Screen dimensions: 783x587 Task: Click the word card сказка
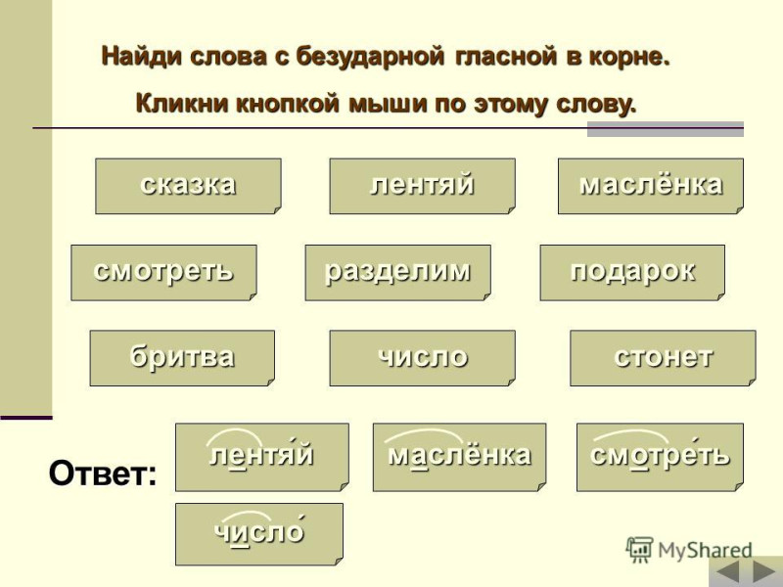tap(188, 186)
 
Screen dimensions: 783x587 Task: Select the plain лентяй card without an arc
tap(423, 186)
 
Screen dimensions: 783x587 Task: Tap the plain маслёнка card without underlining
tap(651, 186)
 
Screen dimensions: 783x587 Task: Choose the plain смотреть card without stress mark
tap(163, 273)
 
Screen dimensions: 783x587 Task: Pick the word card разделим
tap(398, 273)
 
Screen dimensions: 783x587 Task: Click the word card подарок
tap(632, 273)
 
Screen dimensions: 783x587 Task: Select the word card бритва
tap(182, 358)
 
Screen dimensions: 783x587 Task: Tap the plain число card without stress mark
tap(423, 358)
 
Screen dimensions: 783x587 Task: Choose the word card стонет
tap(664, 358)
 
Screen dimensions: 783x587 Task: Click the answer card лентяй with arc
tap(262, 457)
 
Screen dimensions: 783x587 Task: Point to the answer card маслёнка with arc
tap(459, 457)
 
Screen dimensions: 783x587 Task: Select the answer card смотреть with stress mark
tap(660, 457)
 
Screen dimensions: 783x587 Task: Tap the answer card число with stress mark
tap(259, 534)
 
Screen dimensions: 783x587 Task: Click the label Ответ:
tap(103, 474)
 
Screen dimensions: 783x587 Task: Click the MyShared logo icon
tap(639, 550)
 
